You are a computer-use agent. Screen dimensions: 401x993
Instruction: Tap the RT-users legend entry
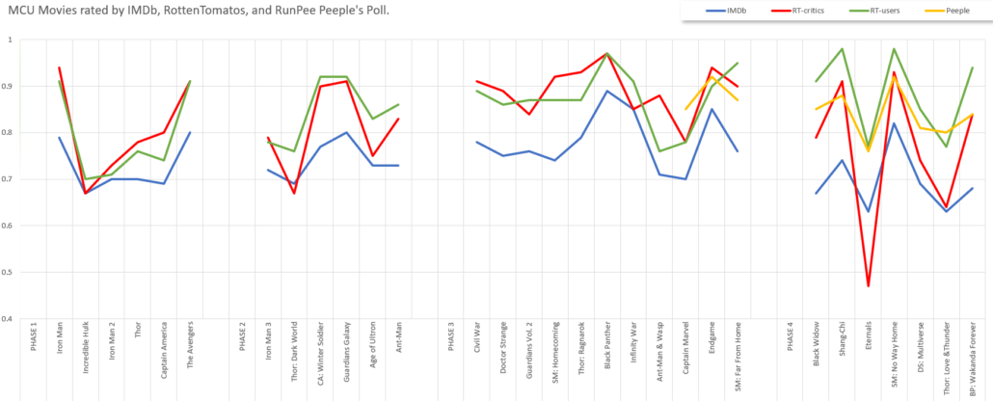coord(883,10)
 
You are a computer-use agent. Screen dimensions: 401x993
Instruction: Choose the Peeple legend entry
coord(953,10)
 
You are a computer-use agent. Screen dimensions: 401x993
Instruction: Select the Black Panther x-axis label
coord(606,349)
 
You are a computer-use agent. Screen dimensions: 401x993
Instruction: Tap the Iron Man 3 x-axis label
coord(268,344)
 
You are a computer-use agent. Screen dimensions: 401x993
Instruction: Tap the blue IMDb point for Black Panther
coord(606,91)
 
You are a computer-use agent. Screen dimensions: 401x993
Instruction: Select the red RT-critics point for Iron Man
coord(60,67)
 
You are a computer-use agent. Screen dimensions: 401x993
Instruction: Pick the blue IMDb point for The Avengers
coord(190,132)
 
